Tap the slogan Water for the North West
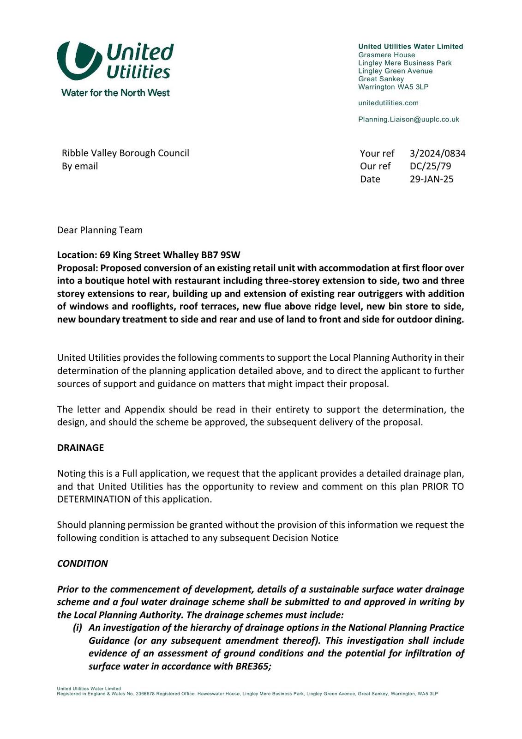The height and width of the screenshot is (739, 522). (115, 93)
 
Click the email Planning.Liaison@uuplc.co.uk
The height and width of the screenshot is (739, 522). (408, 120)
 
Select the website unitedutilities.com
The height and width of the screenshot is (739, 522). (388, 103)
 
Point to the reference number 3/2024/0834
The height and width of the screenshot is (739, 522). (437, 153)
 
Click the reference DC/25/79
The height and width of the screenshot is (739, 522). (430, 166)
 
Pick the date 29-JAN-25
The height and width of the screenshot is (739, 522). (432, 179)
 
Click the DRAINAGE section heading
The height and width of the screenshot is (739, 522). (80, 448)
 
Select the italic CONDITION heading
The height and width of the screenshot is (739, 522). (82, 563)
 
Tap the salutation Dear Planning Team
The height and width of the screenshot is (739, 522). (100, 230)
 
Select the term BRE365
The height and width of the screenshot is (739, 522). (253, 666)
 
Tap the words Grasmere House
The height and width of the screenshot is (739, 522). (386, 55)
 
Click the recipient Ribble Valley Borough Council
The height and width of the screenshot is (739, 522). (126, 153)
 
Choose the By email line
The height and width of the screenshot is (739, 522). (80, 166)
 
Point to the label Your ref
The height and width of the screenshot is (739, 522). (377, 153)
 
